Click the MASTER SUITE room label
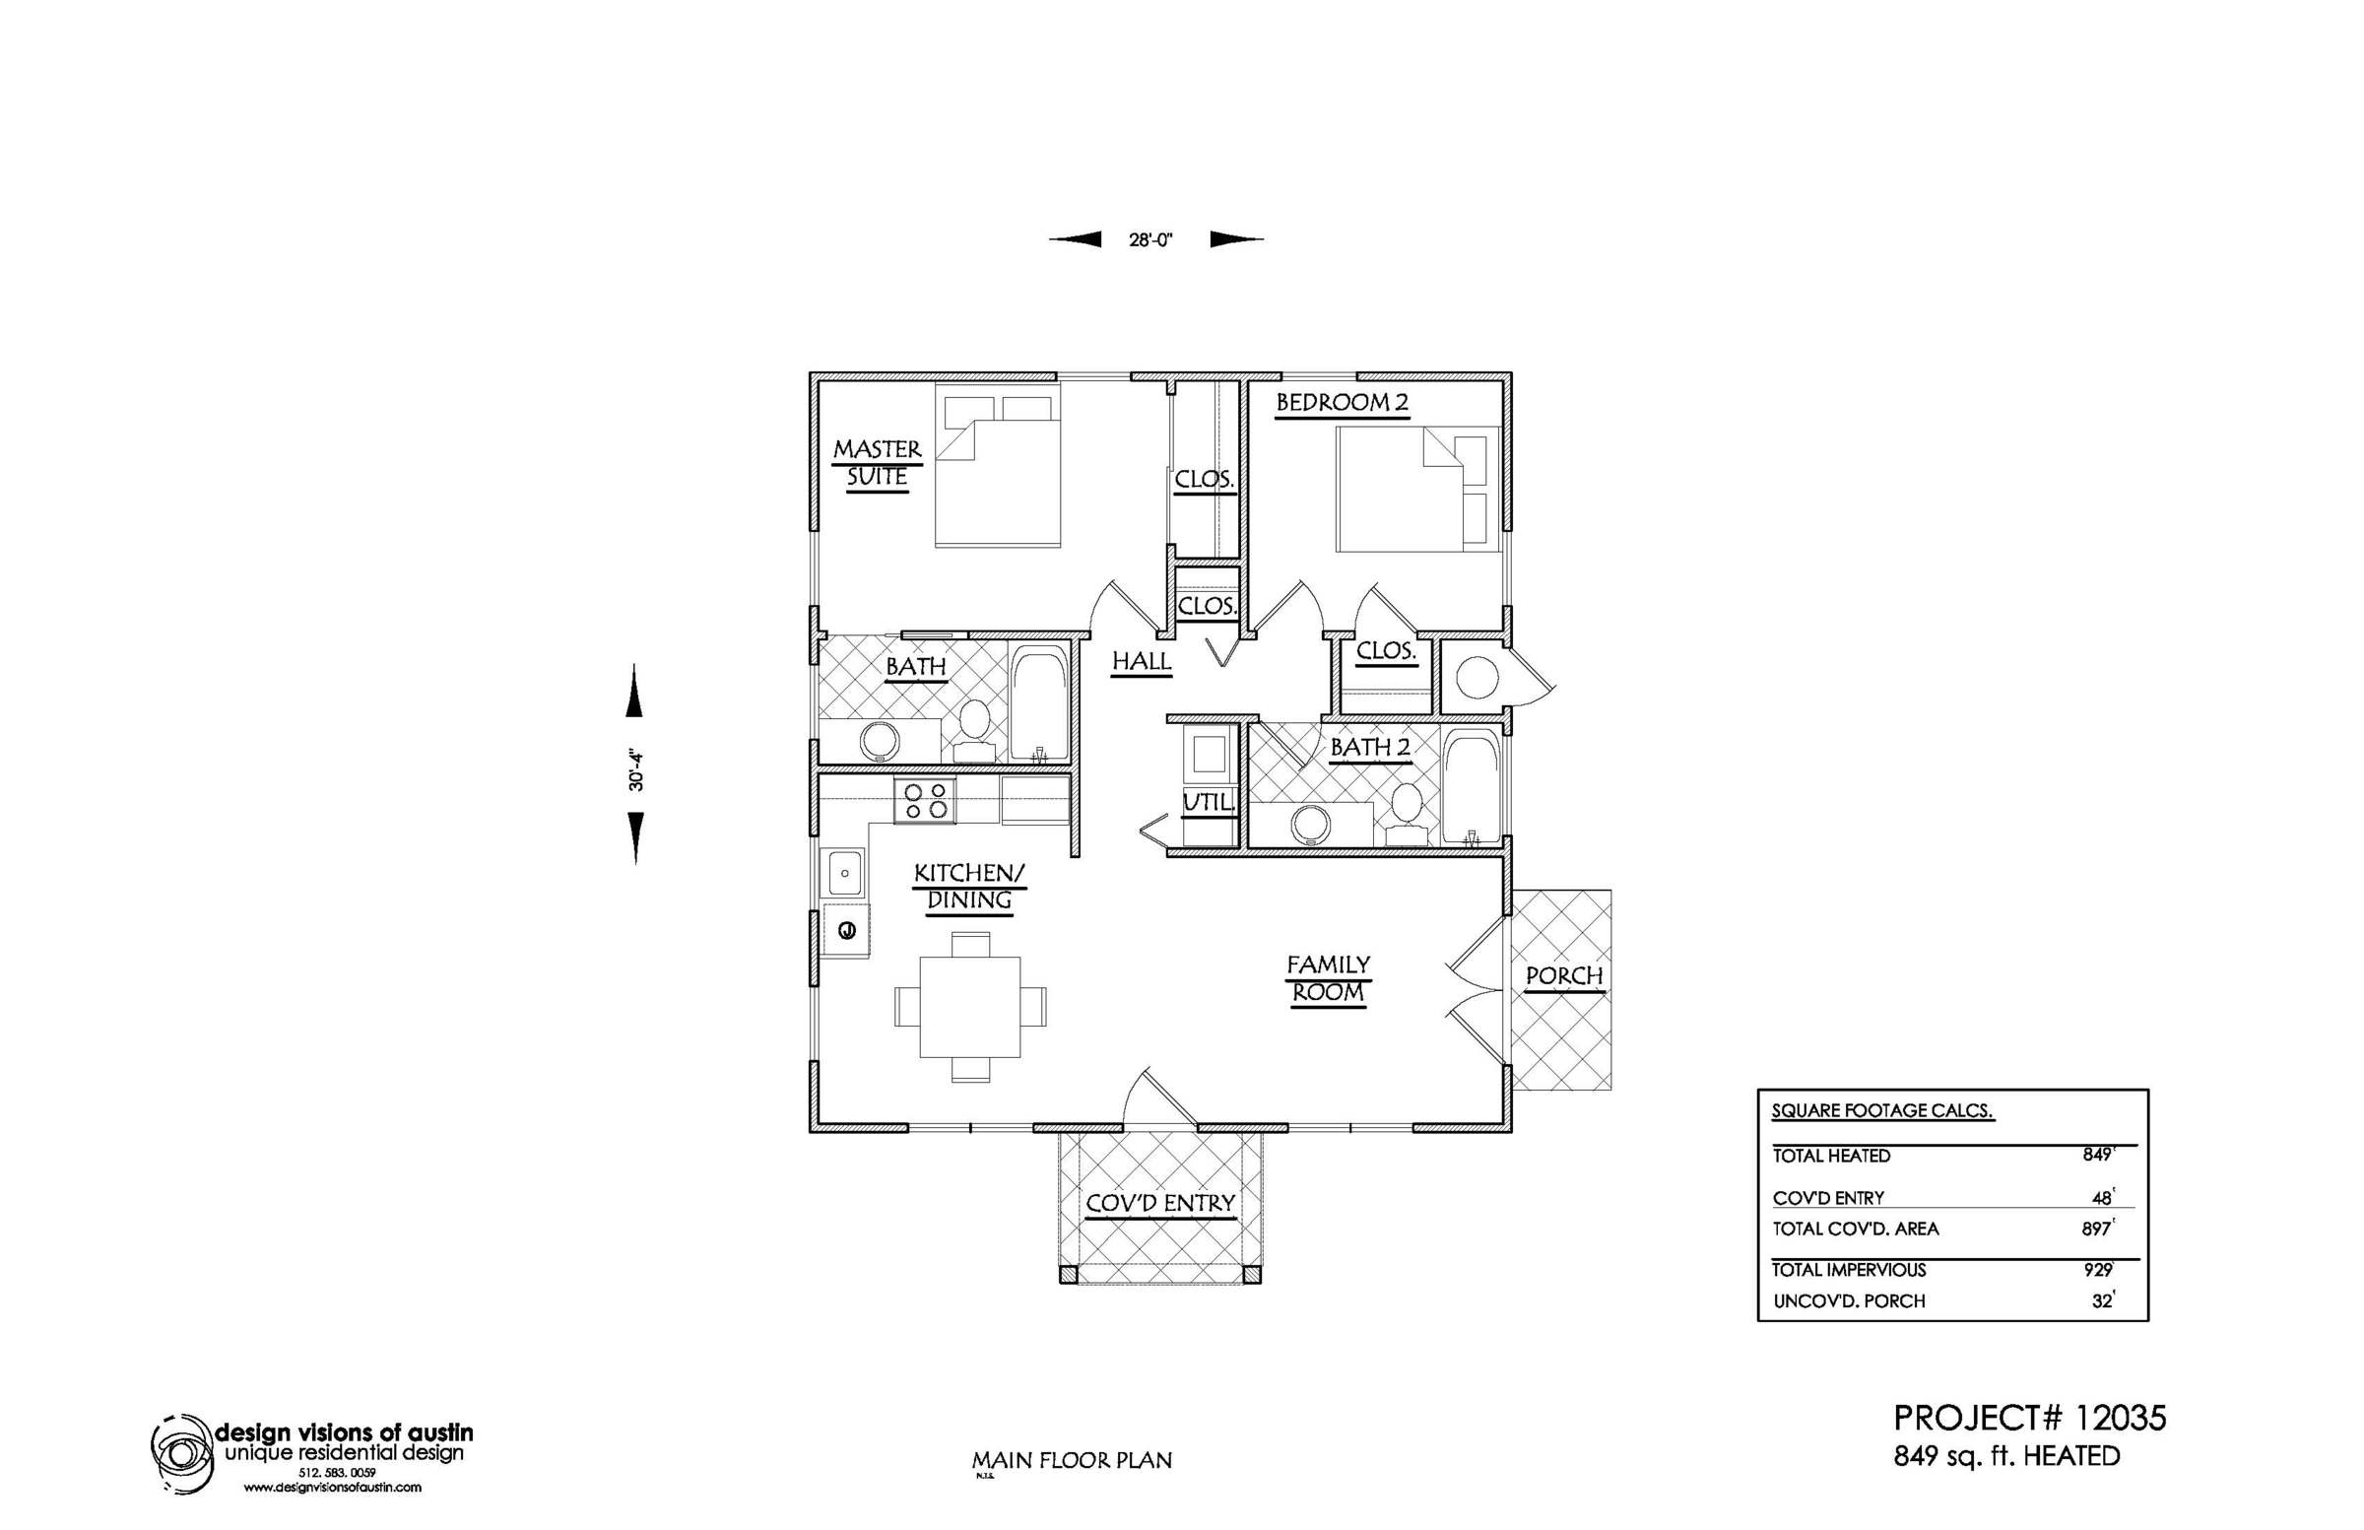[x=877, y=463]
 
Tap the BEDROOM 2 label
[x=1342, y=402]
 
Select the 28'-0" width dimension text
[x=1151, y=239]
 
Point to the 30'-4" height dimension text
[x=636, y=764]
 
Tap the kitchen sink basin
[x=845, y=874]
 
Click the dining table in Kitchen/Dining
[x=970, y=1007]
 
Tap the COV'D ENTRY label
[x=1160, y=1203]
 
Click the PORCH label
[x=1564, y=975]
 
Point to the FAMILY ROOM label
[x=1328, y=977]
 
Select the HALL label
[x=1142, y=662]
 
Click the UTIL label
[x=1208, y=802]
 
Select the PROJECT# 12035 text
[x=2030, y=1419]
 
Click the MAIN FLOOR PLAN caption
[x=1072, y=1460]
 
